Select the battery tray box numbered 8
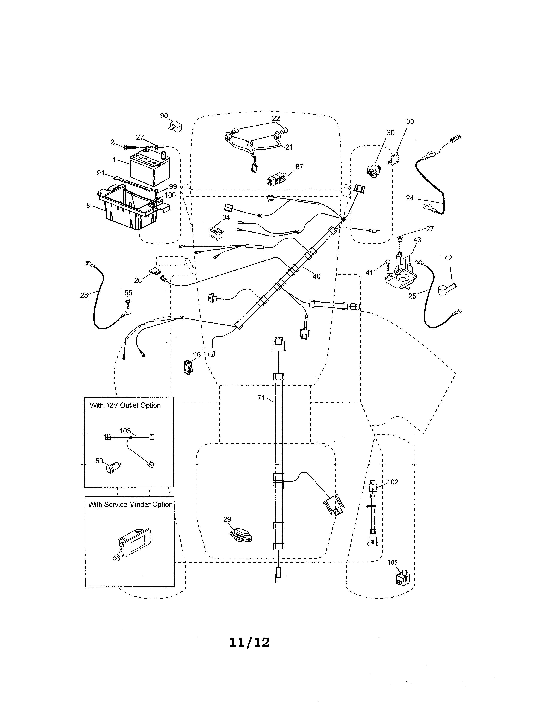(x=130, y=207)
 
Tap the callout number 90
(x=164, y=116)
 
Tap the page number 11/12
(x=249, y=643)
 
